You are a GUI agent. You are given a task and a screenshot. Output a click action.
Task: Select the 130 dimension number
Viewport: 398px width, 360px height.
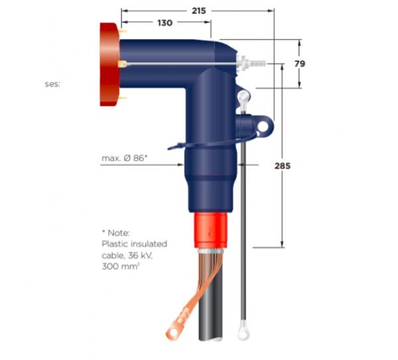pos(165,23)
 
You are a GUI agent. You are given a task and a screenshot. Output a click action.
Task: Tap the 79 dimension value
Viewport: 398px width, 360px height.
pos(299,64)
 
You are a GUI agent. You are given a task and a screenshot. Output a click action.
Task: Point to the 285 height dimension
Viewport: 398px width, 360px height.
pos(283,166)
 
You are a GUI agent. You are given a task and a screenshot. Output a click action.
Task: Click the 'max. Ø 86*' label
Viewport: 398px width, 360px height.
pos(124,158)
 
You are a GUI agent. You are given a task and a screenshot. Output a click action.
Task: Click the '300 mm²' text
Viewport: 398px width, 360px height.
pos(119,265)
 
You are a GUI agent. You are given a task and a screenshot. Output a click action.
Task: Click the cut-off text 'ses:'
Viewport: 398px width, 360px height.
pos(52,84)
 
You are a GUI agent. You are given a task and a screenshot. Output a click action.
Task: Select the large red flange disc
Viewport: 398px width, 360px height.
pos(108,64)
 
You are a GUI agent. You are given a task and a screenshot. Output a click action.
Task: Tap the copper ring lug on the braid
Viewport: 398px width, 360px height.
pos(178,326)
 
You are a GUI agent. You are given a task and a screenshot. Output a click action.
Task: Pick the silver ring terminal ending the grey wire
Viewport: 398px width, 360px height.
pos(242,328)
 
